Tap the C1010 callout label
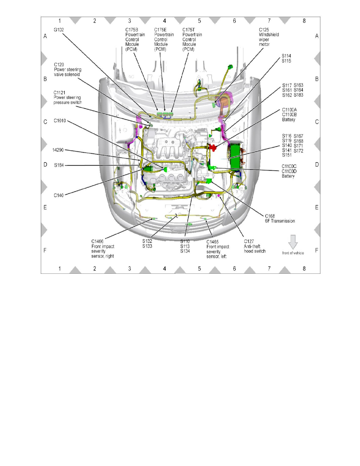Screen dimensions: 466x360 click(60, 121)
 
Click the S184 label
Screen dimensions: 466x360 click(60, 165)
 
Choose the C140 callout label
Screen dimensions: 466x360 click(59, 195)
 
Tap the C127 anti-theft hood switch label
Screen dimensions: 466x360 click(255, 246)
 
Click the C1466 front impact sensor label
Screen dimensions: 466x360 click(103, 248)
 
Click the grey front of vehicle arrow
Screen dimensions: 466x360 click(293, 240)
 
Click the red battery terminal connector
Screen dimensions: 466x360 click(212, 147)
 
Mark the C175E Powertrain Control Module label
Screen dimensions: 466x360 click(164, 39)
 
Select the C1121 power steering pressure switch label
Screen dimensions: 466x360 click(68, 98)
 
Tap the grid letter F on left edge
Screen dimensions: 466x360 click(45, 250)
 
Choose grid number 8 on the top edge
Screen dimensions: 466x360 click(304, 20)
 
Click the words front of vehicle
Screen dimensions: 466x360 click(293, 253)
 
